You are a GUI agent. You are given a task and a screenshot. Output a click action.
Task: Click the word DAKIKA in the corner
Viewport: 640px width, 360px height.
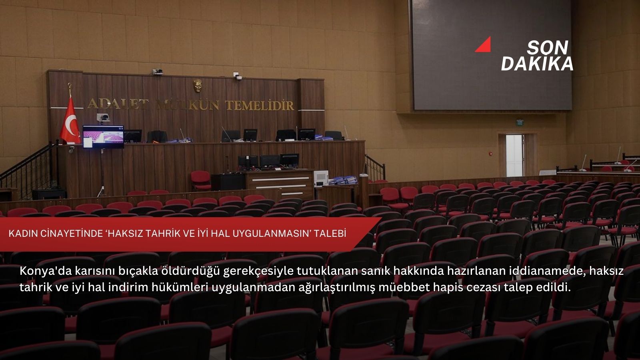(537, 64)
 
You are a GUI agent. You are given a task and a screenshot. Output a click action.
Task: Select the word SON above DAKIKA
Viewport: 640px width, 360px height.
(547, 48)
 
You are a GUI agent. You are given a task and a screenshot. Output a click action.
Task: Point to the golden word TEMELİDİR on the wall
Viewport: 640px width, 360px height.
(260, 106)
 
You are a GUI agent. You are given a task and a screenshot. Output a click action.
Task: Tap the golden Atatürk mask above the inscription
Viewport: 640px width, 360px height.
(198, 86)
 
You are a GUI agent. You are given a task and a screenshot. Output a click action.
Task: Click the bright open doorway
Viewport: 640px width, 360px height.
(514, 155)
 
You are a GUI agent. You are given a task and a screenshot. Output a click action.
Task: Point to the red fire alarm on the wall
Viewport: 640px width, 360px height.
(490, 153)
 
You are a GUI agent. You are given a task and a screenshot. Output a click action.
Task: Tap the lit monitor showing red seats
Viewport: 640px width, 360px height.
(103, 135)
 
